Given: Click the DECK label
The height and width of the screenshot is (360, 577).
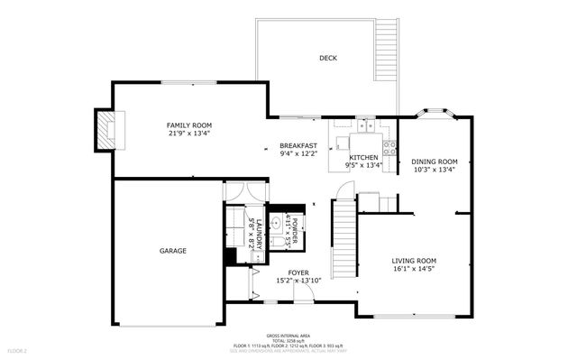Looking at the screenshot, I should click(x=327, y=59).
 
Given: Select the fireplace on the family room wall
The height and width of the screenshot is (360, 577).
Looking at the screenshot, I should click(x=108, y=129).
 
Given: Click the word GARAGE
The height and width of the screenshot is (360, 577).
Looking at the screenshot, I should click(x=173, y=250).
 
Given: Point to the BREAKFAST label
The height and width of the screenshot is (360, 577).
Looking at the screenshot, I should click(x=298, y=145).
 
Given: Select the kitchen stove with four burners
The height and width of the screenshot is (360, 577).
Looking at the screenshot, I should click(x=389, y=146).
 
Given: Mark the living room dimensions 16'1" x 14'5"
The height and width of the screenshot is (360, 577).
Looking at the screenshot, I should click(x=414, y=269).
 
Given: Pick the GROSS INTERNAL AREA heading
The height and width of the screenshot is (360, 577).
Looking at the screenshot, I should click(x=289, y=334).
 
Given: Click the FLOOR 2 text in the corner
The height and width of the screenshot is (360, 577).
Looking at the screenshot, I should click(x=18, y=349).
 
